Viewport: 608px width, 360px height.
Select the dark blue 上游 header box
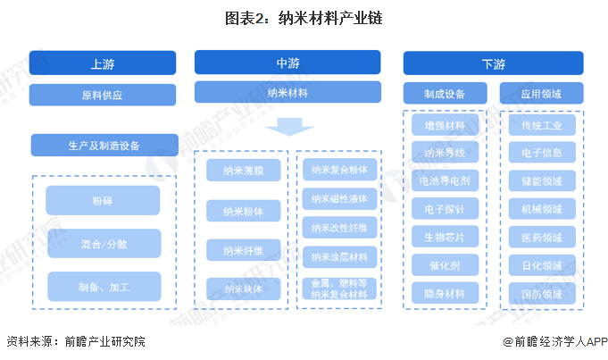[x=102, y=63]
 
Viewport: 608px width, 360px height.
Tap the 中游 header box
[x=287, y=63]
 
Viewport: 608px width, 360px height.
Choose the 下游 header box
[x=493, y=63]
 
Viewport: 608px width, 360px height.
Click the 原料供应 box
[x=102, y=95]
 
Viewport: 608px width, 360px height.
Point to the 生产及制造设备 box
[x=104, y=145]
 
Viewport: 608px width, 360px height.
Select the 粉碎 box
[x=103, y=200]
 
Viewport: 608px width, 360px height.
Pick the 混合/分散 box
[x=103, y=243]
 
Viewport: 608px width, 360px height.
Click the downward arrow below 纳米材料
[x=287, y=128]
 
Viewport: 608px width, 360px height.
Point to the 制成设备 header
[x=445, y=93]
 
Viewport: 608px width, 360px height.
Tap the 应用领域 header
[x=541, y=93]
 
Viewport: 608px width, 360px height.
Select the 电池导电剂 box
[x=445, y=181]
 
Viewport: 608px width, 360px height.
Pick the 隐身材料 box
[x=445, y=293]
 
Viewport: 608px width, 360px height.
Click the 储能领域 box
[x=541, y=181]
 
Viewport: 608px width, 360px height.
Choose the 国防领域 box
[x=541, y=293]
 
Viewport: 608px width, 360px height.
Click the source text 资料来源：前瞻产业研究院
[x=75, y=342]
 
